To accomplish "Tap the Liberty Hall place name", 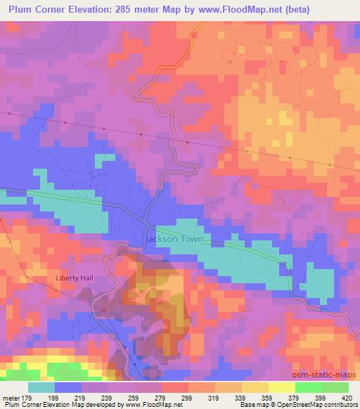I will pyautogui.click(x=75, y=278).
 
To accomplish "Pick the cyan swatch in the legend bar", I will pyautogui.click(x=41, y=387).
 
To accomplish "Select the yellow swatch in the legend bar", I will pyautogui.click(x=281, y=387).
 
